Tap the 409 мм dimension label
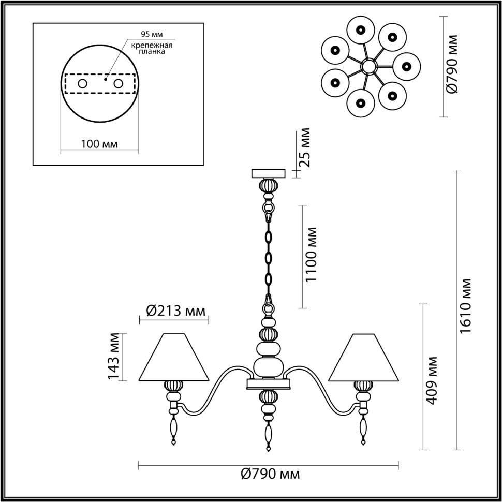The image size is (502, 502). pos(433,380)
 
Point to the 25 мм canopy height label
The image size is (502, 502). pos(306,146)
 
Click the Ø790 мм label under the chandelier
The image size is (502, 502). pos(271,474)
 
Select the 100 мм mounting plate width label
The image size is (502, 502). pos(99,143)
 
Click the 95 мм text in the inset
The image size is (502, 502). pos(152,35)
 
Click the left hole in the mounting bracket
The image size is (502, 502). pos(82,83)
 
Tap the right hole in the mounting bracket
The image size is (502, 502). pos(118,83)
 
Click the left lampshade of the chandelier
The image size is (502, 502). pos(173,357)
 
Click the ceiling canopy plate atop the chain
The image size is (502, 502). pos(268,173)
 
